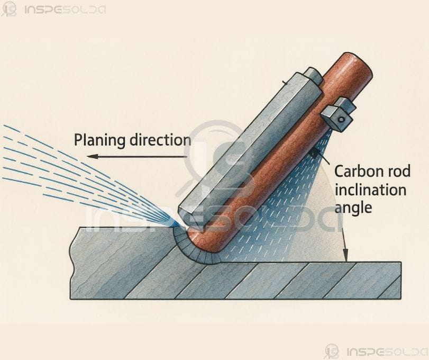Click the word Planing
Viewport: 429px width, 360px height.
point(100,140)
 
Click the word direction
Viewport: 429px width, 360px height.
point(160,140)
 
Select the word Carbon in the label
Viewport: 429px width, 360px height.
point(354,172)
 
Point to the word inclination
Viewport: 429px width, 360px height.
point(370,190)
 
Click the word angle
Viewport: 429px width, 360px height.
point(353,208)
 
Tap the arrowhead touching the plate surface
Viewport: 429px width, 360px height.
point(345,255)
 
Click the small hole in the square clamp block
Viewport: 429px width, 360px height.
point(341,120)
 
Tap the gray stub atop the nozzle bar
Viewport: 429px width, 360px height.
point(313,76)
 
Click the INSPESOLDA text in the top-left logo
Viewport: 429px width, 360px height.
point(65,10)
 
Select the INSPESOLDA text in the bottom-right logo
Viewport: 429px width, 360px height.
point(387,352)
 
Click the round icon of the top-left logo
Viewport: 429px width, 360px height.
point(9,9)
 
